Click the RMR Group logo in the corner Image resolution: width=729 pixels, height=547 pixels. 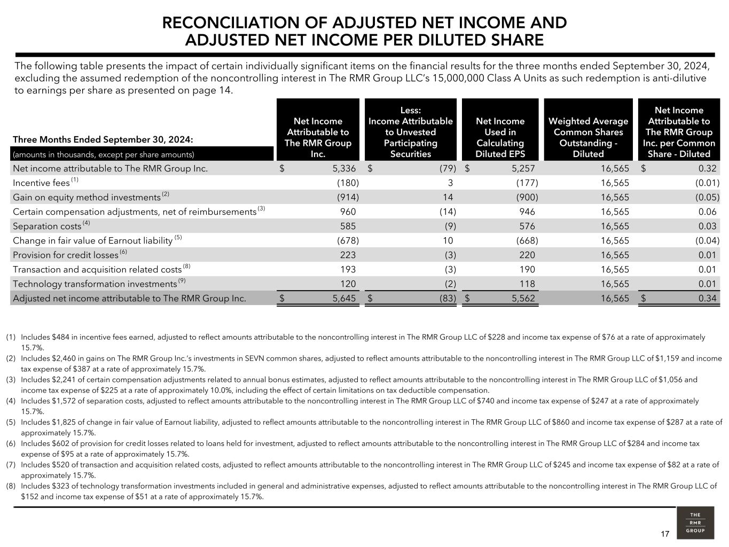click(x=695, y=522)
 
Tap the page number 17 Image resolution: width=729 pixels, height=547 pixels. click(x=665, y=534)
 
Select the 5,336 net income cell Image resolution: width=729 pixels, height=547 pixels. click(x=343, y=168)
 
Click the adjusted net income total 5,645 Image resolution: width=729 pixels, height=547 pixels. click(x=343, y=298)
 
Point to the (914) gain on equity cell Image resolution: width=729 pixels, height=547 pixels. click(x=348, y=197)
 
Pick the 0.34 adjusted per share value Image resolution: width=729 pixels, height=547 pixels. click(x=707, y=298)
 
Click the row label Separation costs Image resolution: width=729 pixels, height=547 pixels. click(x=47, y=226)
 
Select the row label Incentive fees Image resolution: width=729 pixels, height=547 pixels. click(x=41, y=183)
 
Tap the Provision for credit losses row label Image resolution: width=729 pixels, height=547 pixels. click(x=65, y=255)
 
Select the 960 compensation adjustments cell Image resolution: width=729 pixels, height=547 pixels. click(x=348, y=212)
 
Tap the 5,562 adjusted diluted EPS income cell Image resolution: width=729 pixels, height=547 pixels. click(x=523, y=298)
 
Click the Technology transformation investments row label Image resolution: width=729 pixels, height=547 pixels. click(x=95, y=284)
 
